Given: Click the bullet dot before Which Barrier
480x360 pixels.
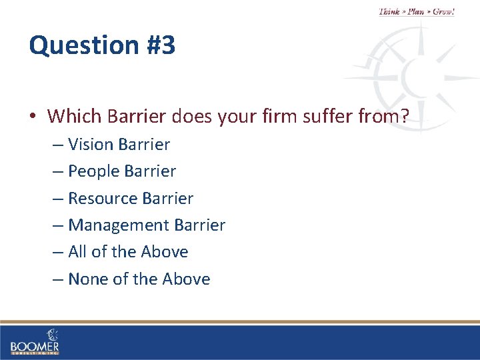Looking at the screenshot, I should [33, 117].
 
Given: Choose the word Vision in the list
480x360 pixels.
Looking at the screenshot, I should [90, 144].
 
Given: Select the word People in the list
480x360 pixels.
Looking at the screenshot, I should [93, 171].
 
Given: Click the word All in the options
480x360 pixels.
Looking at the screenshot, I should [77, 252].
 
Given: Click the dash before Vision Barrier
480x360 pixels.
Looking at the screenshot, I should [57, 145].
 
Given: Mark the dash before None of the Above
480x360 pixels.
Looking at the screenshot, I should [57, 279].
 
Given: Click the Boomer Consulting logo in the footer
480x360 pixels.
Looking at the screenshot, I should [35, 341].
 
